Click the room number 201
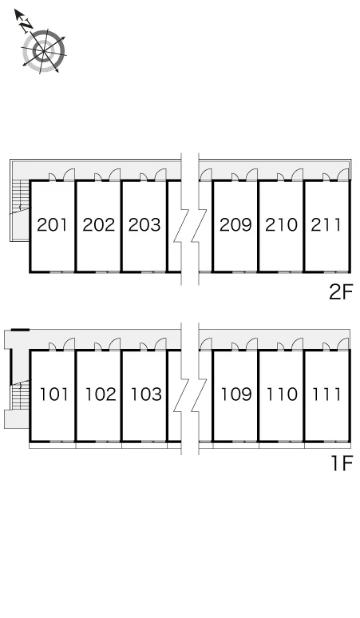pyautogui.click(x=52, y=224)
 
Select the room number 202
pyautogui.click(x=98, y=224)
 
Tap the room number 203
pyautogui.click(x=144, y=224)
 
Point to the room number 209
pyautogui.click(x=235, y=224)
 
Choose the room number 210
pyautogui.click(x=281, y=224)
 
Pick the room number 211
pyautogui.click(x=326, y=224)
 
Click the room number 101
pyautogui.click(x=54, y=394)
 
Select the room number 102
pyautogui.click(x=101, y=394)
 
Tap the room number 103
pyautogui.click(x=146, y=394)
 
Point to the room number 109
pyautogui.click(x=236, y=394)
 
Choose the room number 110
pyautogui.click(x=282, y=394)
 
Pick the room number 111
pyautogui.click(x=326, y=394)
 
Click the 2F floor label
pyautogui.click(x=340, y=292)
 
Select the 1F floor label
pyautogui.click(x=342, y=463)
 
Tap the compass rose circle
pyautogui.click(x=43, y=51)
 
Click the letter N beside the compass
pyautogui.click(x=26, y=26)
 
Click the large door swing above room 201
pyautogui.click(x=69, y=175)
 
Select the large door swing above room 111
pyautogui.click(x=343, y=344)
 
